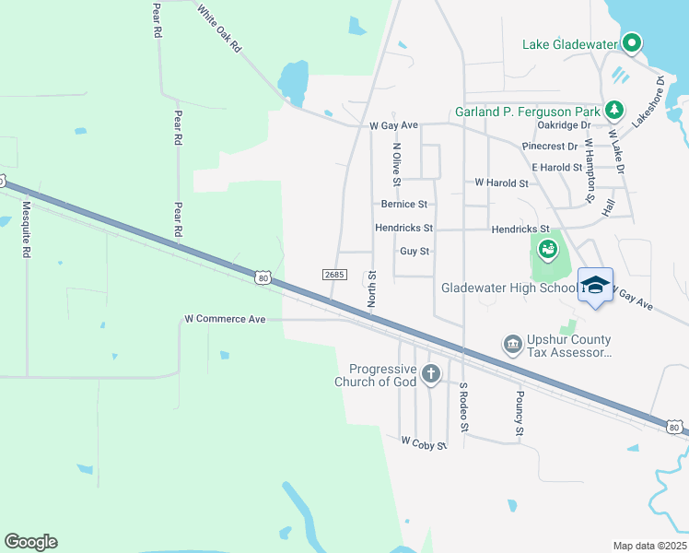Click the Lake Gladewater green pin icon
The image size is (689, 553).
click(632, 43)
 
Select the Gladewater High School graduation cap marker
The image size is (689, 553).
click(595, 285)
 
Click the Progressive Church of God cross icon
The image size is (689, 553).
click(429, 374)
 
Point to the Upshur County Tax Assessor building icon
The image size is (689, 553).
click(512, 345)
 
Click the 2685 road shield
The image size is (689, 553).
click(333, 275)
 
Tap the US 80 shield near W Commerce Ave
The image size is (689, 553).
click(263, 276)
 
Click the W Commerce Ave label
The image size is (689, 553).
click(225, 319)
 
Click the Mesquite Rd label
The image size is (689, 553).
click(27, 229)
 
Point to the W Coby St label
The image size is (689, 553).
click(424, 443)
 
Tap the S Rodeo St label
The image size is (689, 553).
click(464, 407)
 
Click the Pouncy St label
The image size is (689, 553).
click(520, 413)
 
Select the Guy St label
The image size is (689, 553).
click(415, 251)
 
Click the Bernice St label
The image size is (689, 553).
click(403, 204)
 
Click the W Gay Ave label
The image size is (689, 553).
click(393, 124)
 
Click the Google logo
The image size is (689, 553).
click(30, 542)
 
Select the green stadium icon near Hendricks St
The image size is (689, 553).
click(548, 249)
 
